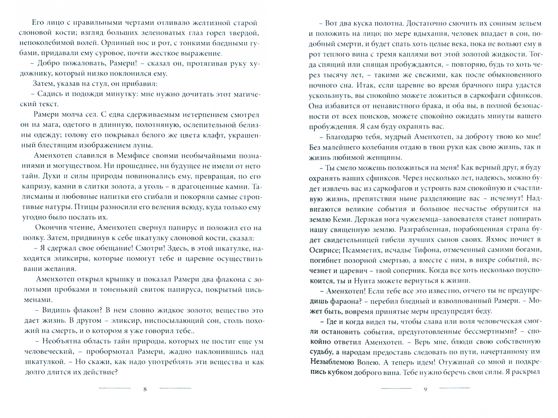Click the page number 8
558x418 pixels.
pyautogui.click(x=145, y=389)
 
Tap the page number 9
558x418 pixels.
pyautogui.click(x=425, y=389)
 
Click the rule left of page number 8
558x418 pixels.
pyautogui.click(x=115, y=388)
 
